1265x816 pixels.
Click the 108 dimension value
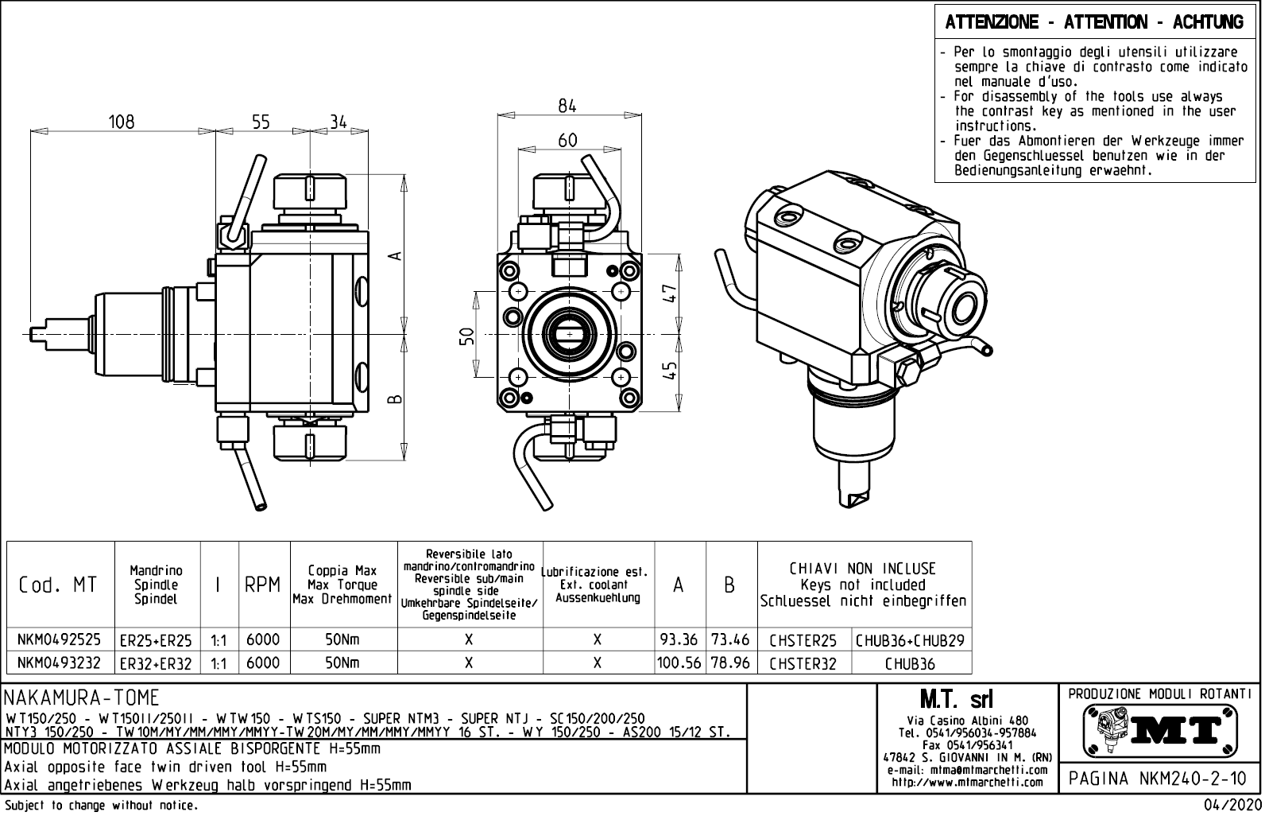coord(122,122)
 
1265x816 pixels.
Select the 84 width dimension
coord(567,106)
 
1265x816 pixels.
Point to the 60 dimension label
coord(567,141)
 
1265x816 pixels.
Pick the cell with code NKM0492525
coord(60,639)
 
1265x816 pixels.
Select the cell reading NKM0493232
coord(60,663)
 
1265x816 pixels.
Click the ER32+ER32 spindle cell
coord(156,663)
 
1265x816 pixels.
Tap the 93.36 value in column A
coord(679,639)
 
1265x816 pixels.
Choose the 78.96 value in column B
coord(730,663)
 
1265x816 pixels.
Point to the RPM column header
coord(263,585)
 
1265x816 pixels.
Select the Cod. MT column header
coord(58,585)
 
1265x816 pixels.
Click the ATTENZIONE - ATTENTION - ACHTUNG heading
coord(1094,23)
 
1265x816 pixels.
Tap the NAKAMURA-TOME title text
coord(82,697)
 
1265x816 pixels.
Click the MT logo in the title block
coord(1161,730)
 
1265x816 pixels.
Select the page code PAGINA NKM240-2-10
coord(1159,779)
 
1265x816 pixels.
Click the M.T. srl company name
coord(956,700)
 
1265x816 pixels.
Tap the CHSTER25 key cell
coord(803,640)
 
